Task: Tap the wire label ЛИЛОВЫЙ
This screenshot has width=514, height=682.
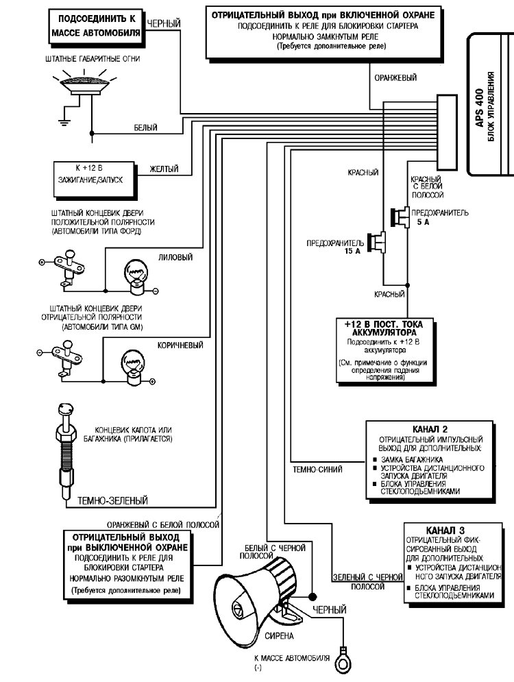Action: click(175, 258)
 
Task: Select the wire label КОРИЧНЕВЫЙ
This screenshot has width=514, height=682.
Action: click(180, 345)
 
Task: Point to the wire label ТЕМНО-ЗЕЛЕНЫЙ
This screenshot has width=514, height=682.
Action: click(112, 500)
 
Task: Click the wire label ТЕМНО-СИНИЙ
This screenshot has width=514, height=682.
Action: click(317, 470)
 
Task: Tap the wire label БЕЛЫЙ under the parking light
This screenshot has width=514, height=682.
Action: click(145, 127)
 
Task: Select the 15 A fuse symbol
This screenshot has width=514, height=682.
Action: click(376, 243)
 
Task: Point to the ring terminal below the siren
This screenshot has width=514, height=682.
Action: click(341, 661)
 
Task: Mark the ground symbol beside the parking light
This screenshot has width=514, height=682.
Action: click(62, 122)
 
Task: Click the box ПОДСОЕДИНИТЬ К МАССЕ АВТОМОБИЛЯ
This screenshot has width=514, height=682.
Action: click(96, 26)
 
